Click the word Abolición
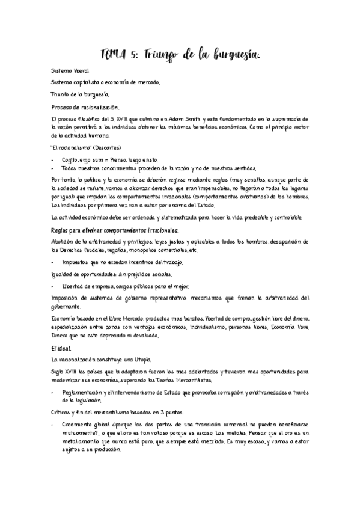point(63,242)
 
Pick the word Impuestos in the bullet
point(76,263)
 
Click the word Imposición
point(66,298)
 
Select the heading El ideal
point(61,348)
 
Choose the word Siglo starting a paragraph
point(58,372)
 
